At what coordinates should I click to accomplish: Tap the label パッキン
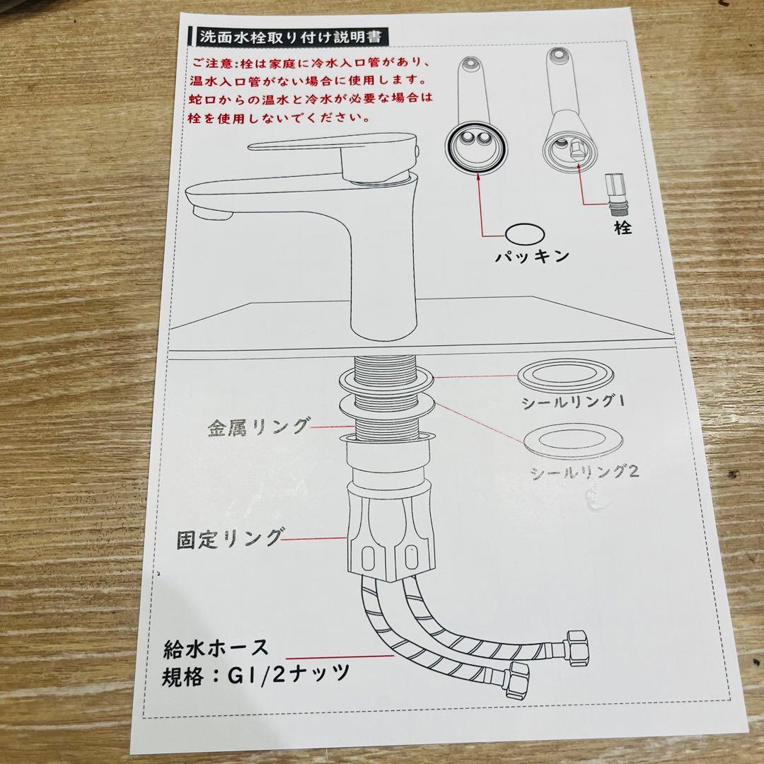(x=532, y=256)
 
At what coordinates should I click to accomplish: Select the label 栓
(x=623, y=228)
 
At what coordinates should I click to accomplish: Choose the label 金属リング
(x=258, y=428)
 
